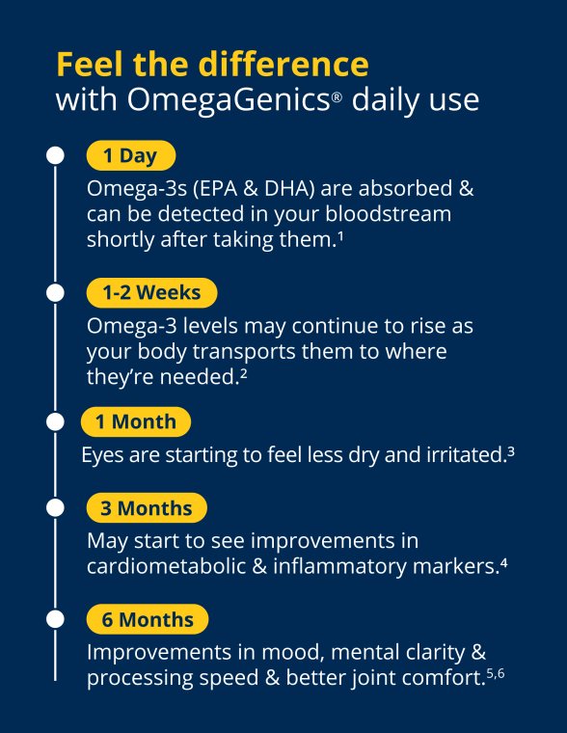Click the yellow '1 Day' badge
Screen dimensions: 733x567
coord(131,155)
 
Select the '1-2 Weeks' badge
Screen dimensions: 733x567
coord(151,292)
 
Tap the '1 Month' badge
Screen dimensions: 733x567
coord(135,421)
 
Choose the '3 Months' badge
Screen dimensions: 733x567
coord(147,508)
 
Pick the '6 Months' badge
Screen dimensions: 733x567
coord(147,619)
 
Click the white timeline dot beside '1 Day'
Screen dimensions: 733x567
coord(56,154)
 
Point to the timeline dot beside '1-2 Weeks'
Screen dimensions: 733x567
coord(56,291)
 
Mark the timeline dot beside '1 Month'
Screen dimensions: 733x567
coord(56,421)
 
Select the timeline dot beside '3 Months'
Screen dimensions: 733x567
coord(56,508)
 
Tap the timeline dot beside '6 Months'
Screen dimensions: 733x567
coord(56,618)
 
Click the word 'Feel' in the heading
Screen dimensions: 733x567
coord(89,64)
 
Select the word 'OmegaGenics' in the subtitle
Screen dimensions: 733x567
coord(224,99)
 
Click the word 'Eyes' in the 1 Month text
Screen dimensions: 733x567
coord(102,455)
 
